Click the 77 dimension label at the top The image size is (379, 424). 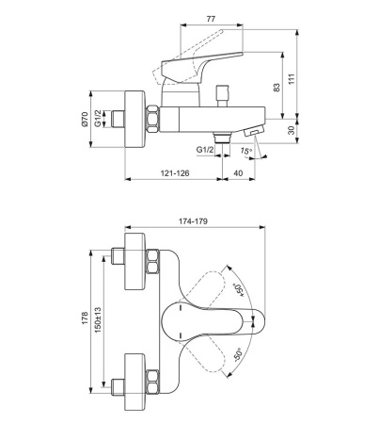click(211, 19)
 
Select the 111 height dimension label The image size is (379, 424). click(292, 79)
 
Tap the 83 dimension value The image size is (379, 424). click(276, 88)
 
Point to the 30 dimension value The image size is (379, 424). click(292, 130)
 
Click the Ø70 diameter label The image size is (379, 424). click(85, 120)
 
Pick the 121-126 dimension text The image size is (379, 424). click(175, 173)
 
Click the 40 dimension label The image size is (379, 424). click(238, 173)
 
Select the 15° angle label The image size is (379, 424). click(246, 151)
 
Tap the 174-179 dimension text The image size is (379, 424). click(193, 221)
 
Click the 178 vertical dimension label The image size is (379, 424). click(85, 318)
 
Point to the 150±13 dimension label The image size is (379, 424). click(98, 320)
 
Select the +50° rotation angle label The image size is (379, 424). click(239, 290)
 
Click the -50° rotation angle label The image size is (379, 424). click(238, 355)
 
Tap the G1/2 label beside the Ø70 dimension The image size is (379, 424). click(98, 119)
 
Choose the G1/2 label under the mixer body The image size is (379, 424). click(205, 150)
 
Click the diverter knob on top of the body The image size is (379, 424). click(222, 96)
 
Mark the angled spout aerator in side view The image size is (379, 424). click(253, 130)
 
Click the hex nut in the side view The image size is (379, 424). click(153, 120)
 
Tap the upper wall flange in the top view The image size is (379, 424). click(135, 261)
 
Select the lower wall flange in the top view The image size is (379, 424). click(135, 382)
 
